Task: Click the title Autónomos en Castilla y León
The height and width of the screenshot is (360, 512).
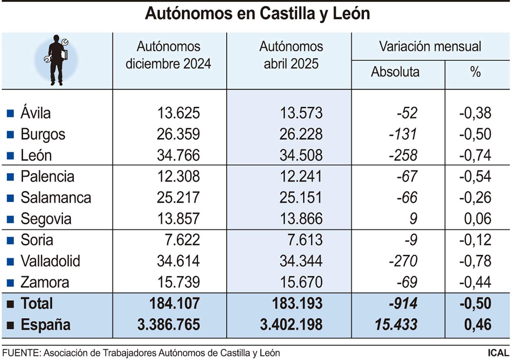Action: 257,14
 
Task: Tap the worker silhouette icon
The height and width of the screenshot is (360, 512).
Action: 57,60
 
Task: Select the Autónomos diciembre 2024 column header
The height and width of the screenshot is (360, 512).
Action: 168,55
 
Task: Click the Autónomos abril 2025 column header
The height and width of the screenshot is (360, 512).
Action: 291,55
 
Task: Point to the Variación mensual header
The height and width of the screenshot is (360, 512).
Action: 430,46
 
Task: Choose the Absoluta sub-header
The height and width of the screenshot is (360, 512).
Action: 395,72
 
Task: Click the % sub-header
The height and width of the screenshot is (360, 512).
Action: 475,72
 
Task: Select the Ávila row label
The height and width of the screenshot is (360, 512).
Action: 35,113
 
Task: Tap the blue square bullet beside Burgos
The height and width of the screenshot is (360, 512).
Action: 11,134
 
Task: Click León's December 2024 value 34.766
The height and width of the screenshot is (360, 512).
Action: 178,155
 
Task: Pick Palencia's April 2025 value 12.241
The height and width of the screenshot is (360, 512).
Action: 301,176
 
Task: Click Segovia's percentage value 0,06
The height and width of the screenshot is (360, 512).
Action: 477,219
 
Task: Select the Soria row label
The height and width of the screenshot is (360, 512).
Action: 37,240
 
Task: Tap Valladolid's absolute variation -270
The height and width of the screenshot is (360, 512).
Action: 403,261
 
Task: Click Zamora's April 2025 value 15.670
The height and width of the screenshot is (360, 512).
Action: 301,282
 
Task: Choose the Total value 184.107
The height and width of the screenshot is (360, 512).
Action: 174,303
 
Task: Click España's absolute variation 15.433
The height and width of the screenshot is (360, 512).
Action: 396,325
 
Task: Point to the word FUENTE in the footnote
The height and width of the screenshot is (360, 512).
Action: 21,353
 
